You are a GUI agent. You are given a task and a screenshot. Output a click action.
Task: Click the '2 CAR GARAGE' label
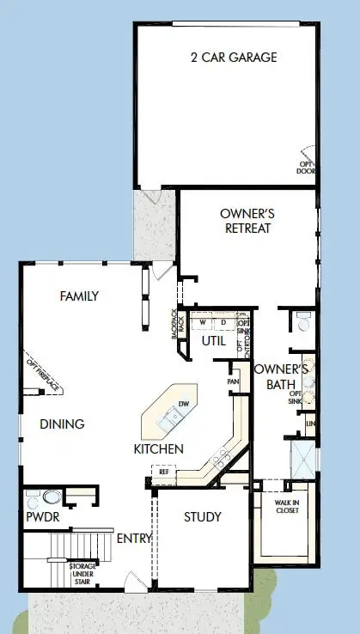click(234, 58)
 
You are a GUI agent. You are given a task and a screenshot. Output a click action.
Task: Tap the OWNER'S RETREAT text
click(246, 221)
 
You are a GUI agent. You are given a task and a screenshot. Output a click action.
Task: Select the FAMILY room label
click(79, 296)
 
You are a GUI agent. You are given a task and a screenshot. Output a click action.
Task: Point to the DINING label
click(62, 424)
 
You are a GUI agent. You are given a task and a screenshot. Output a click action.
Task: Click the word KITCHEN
click(158, 449)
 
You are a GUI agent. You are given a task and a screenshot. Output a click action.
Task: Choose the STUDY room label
click(203, 516)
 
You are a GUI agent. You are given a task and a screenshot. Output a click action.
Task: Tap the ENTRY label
click(133, 539)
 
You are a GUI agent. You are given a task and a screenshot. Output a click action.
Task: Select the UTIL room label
click(213, 341)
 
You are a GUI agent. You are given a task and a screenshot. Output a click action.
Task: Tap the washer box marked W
click(203, 323)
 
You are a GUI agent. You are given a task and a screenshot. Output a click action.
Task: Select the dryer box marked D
click(223, 323)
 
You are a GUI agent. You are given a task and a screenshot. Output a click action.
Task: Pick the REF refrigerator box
click(162, 471)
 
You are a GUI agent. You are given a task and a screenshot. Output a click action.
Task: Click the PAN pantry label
click(233, 381)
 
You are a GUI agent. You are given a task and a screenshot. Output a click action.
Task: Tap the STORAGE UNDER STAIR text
click(83, 574)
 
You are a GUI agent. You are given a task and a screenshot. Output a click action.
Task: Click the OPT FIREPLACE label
click(44, 375)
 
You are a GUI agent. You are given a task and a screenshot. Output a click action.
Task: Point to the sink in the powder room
click(50, 497)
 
